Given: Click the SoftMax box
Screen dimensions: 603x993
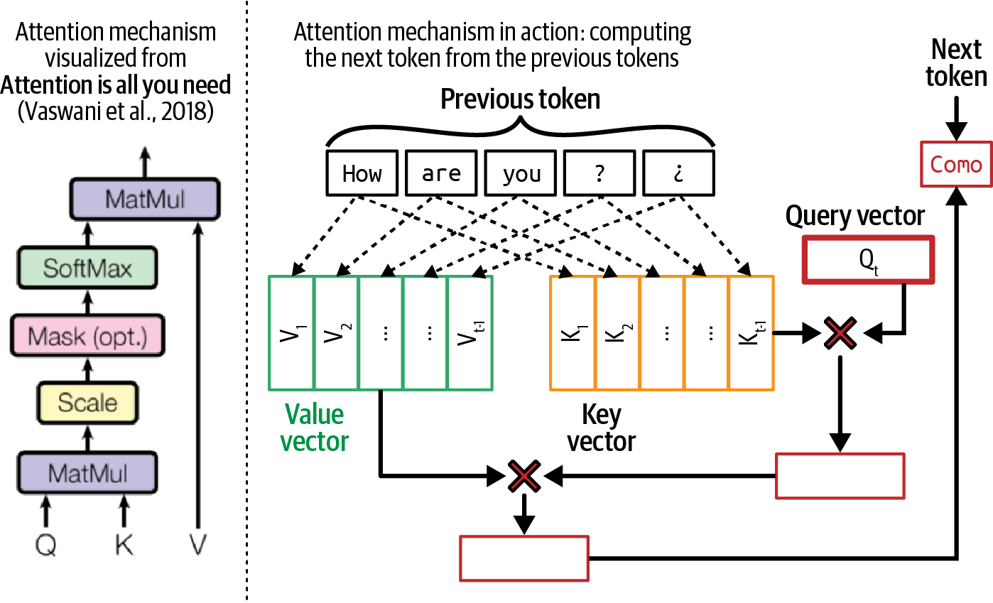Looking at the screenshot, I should [87, 268].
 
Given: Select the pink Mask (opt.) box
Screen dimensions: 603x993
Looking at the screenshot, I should [87, 336].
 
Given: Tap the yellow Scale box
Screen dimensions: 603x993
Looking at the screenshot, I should [87, 403].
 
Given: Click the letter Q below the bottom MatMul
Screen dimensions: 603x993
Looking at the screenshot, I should [46, 545].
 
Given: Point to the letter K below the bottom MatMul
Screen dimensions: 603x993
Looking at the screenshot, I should [124, 545].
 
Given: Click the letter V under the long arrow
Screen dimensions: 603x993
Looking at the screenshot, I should [197, 545].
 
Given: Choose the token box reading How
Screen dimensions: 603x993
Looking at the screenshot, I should [362, 173].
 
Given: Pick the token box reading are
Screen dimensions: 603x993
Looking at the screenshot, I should [441, 173].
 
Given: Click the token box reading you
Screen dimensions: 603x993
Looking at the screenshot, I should [521, 173].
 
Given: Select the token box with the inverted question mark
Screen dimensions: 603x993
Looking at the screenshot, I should [679, 173].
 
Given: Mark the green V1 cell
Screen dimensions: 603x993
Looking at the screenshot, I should [291, 333].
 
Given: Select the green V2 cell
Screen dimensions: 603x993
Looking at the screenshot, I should [336, 333].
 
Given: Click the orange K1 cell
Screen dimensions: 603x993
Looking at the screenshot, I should [573, 333].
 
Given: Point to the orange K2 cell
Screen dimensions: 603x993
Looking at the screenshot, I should [617, 333].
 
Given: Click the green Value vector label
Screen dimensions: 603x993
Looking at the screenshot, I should [314, 428].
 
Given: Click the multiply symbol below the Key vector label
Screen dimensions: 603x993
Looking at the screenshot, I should [523, 476].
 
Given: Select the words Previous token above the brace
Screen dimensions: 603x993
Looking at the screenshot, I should [520, 99].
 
